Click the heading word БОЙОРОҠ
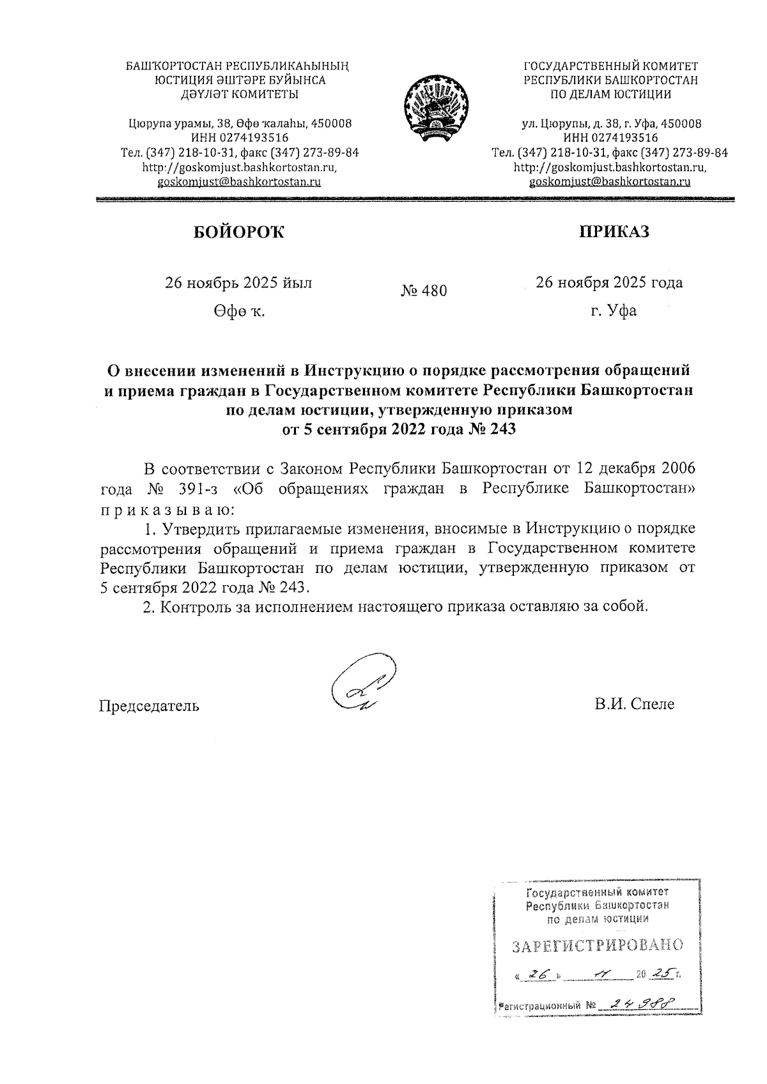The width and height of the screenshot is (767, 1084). (239, 233)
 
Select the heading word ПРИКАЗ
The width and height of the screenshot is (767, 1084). (614, 231)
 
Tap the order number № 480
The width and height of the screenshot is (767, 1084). (424, 291)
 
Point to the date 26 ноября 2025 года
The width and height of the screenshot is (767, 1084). (608, 282)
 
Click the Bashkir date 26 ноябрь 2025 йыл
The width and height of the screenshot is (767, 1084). (239, 283)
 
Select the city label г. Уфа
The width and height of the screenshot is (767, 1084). (613, 312)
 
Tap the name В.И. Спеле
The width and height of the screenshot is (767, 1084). (633, 704)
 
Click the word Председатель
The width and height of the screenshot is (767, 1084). (148, 706)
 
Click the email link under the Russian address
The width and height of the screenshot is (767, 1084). (610, 182)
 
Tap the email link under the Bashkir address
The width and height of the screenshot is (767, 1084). (239, 182)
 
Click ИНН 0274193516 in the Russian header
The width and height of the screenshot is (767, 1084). (610, 138)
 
